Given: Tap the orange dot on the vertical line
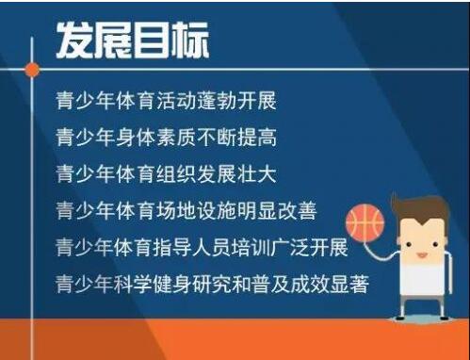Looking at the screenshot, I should [32, 69].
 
